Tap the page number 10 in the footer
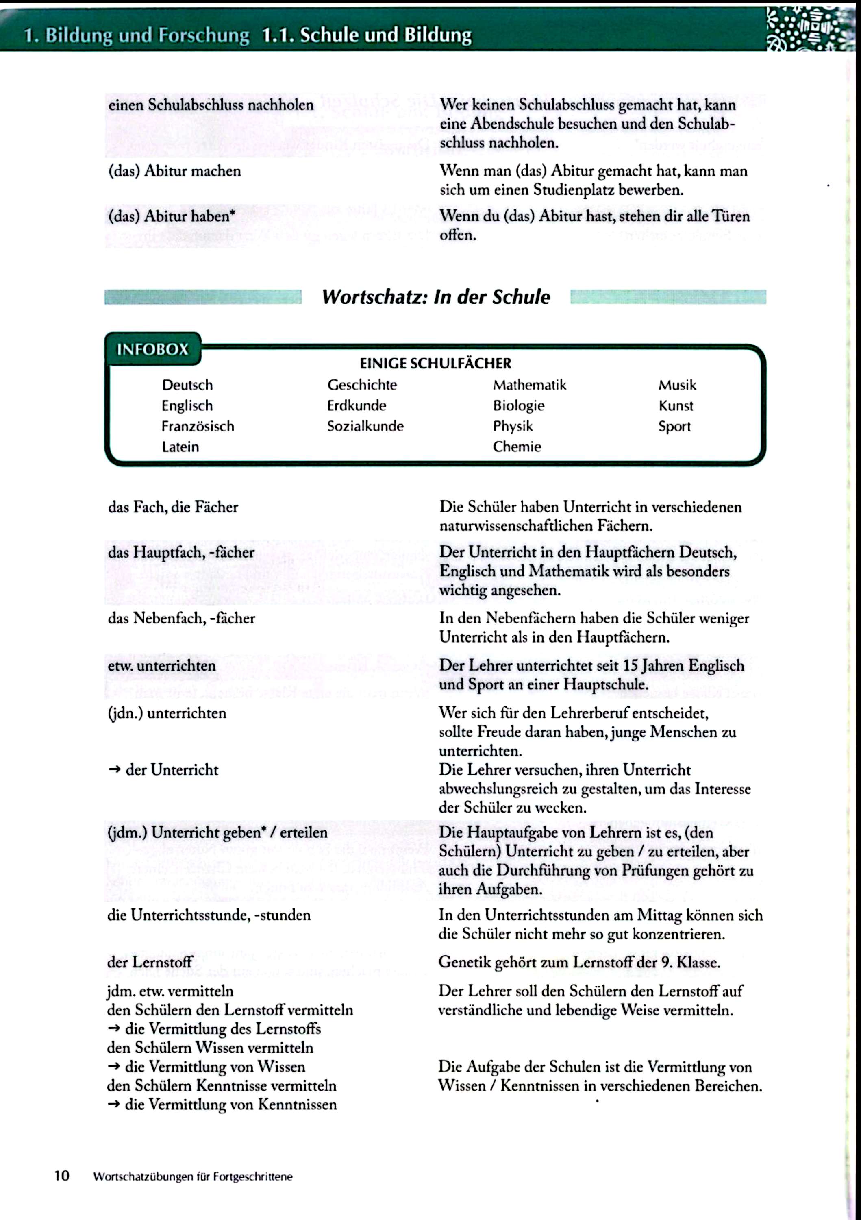[62, 1175]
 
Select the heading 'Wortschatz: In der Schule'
[435, 296]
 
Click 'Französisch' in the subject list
[198, 426]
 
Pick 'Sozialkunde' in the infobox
[365, 426]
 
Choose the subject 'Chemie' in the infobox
[516, 447]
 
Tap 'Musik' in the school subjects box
[677, 385]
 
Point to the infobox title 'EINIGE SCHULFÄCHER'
[435, 364]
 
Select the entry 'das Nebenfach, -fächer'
[181, 618]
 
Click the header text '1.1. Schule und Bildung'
[367, 35]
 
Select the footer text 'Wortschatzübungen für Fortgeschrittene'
[192, 1176]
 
